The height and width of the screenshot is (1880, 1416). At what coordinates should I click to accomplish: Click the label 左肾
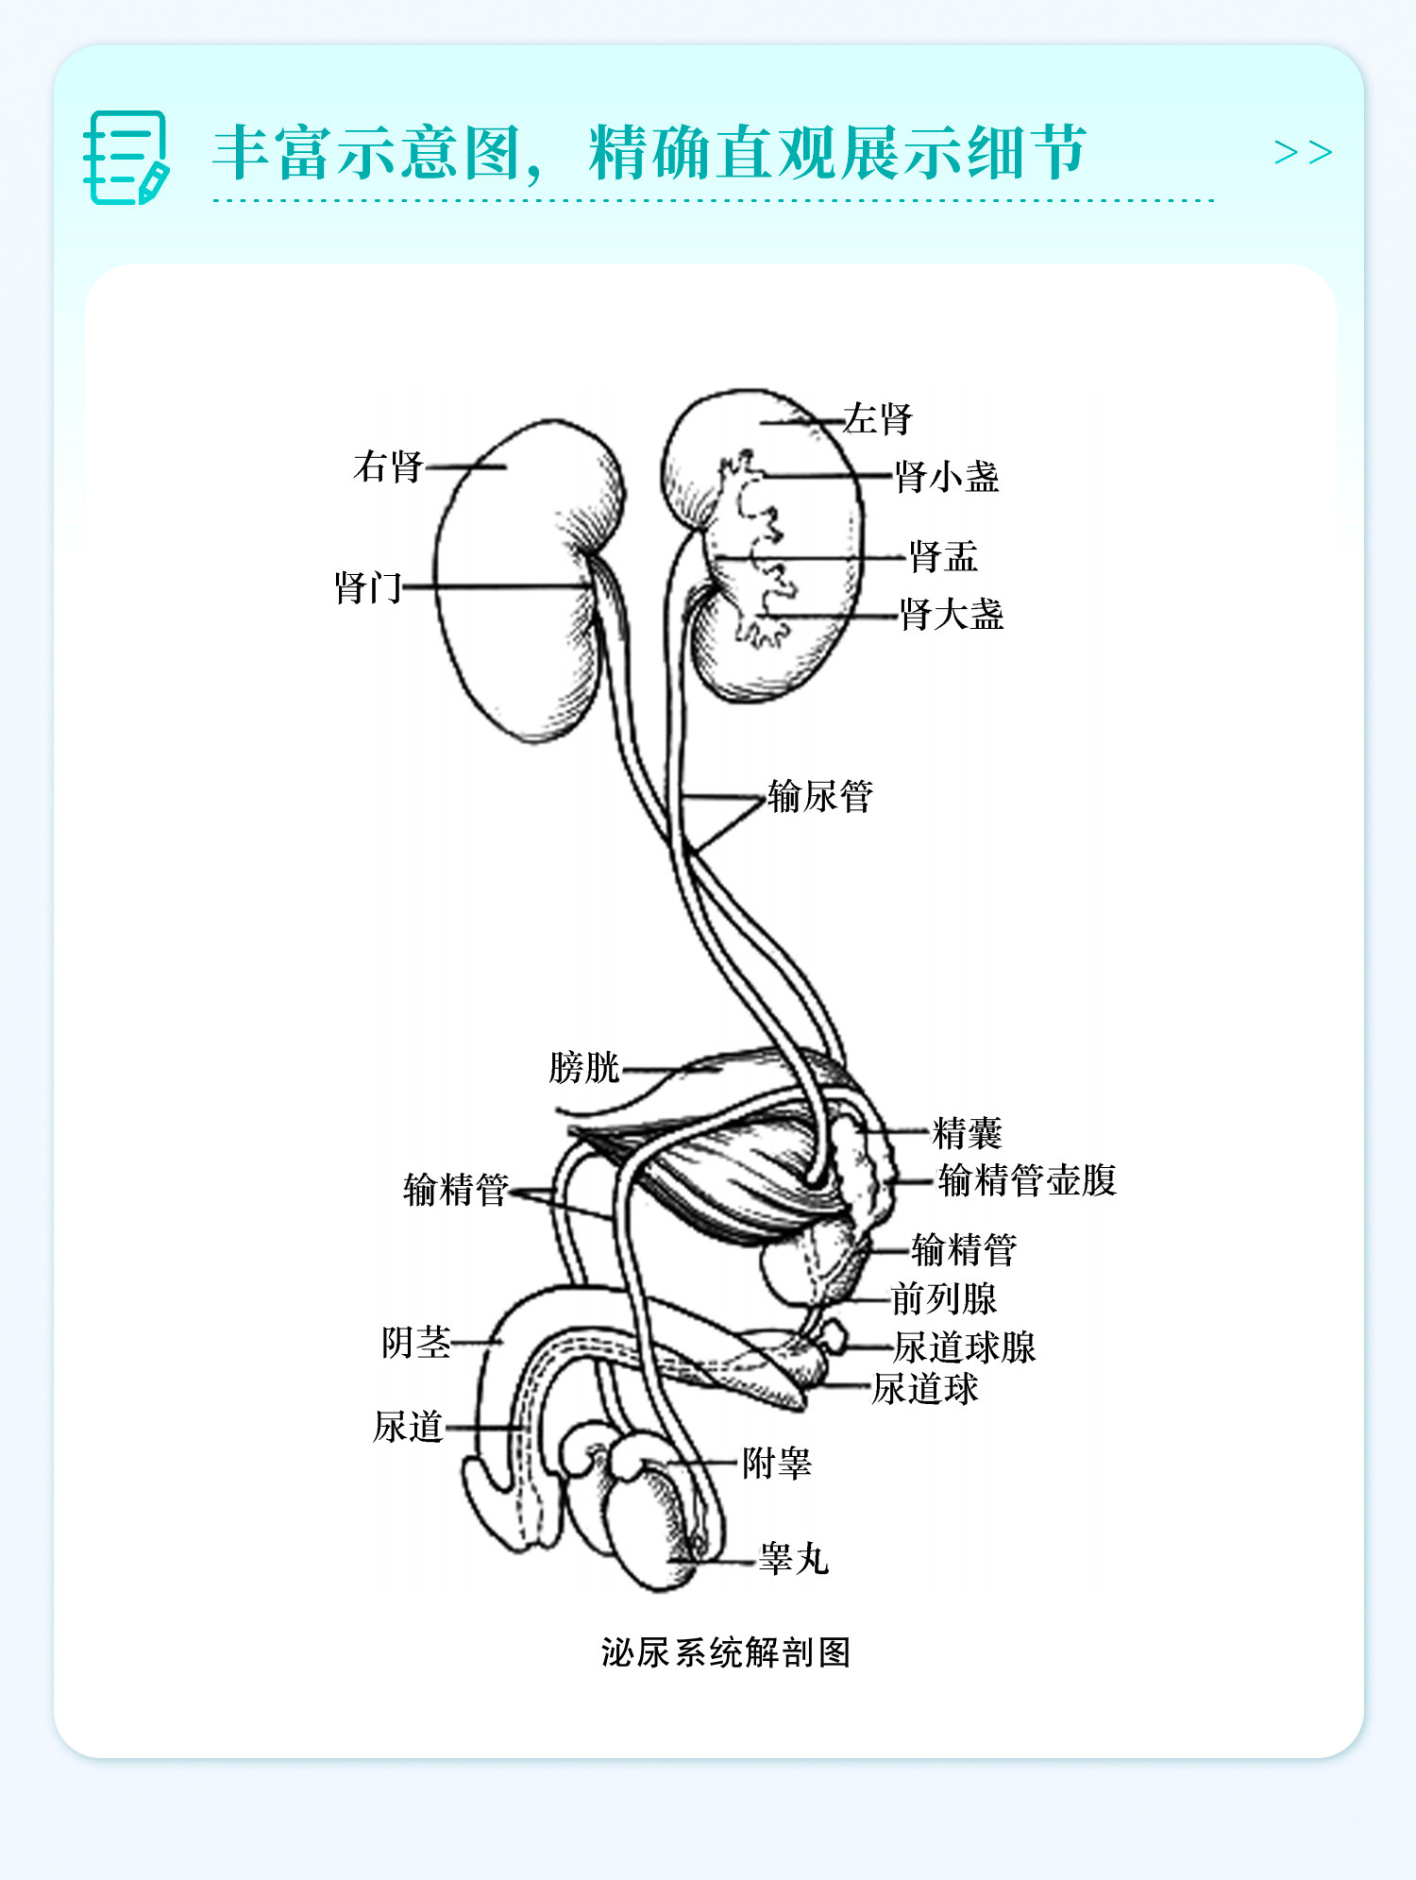[x=877, y=418]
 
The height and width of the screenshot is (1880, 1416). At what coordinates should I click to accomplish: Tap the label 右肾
[x=388, y=466]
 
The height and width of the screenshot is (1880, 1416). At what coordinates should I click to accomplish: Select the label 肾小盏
[x=947, y=477]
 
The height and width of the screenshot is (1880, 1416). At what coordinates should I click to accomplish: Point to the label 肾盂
[x=943, y=557]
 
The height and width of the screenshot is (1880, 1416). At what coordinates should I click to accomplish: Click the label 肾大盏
[x=951, y=615]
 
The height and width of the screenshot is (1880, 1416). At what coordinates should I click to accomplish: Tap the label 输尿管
[x=820, y=797]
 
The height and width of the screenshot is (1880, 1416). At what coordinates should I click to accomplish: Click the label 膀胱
[x=583, y=1068]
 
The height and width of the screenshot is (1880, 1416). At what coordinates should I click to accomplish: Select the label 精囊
[x=967, y=1132]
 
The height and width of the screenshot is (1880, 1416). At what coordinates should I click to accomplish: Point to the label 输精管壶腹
[x=1027, y=1180]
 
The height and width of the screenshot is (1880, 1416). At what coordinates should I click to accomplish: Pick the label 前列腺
[x=944, y=1299]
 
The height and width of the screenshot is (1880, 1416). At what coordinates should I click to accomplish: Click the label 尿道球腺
[x=965, y=1347]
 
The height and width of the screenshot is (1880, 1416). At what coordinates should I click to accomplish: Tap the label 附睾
[x=776, y=1464]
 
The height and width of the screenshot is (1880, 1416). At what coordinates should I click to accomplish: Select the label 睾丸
[x=794, y=1559]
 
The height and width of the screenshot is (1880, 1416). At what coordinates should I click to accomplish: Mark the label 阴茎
[x=415, y=1342]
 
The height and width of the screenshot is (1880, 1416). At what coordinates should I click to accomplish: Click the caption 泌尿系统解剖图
[x=726, y=1652]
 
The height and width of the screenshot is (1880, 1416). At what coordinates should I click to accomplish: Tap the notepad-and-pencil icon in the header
[x=126, y=157]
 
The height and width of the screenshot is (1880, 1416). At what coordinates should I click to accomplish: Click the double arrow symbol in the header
[x=1303, y=152]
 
